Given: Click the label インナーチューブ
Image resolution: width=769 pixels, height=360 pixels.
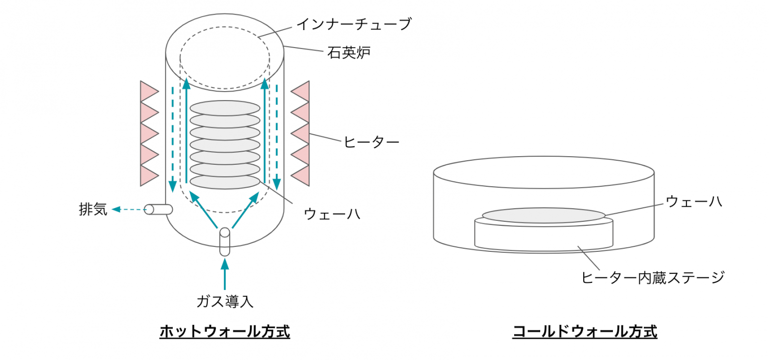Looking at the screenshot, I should (354, 24).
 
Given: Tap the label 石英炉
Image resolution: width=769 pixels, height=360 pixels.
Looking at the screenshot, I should (349, 52).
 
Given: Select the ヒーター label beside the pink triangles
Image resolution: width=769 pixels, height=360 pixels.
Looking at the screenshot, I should (371, 142).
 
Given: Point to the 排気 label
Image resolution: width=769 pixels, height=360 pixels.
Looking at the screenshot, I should (93, 209).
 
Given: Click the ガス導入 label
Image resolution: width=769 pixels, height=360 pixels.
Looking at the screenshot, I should (225, 301).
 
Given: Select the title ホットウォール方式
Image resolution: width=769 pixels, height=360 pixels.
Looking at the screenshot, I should (225, 331).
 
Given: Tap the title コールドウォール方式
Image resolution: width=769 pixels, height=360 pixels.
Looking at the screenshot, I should (584, 331).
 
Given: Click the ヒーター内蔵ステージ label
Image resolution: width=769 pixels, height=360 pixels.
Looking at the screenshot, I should (653, 277).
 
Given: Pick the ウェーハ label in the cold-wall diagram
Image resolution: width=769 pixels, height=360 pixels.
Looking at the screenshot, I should (693, 201).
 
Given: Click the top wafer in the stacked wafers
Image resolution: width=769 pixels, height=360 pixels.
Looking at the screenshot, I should (225, 108).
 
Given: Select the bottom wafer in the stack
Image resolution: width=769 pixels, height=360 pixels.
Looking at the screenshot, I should (225, 181).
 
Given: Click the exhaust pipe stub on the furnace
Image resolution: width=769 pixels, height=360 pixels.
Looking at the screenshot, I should (158, 209).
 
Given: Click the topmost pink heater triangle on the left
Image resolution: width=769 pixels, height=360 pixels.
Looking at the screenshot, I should (148, 92).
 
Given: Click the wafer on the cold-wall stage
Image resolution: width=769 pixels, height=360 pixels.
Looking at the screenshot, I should (544, 215).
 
